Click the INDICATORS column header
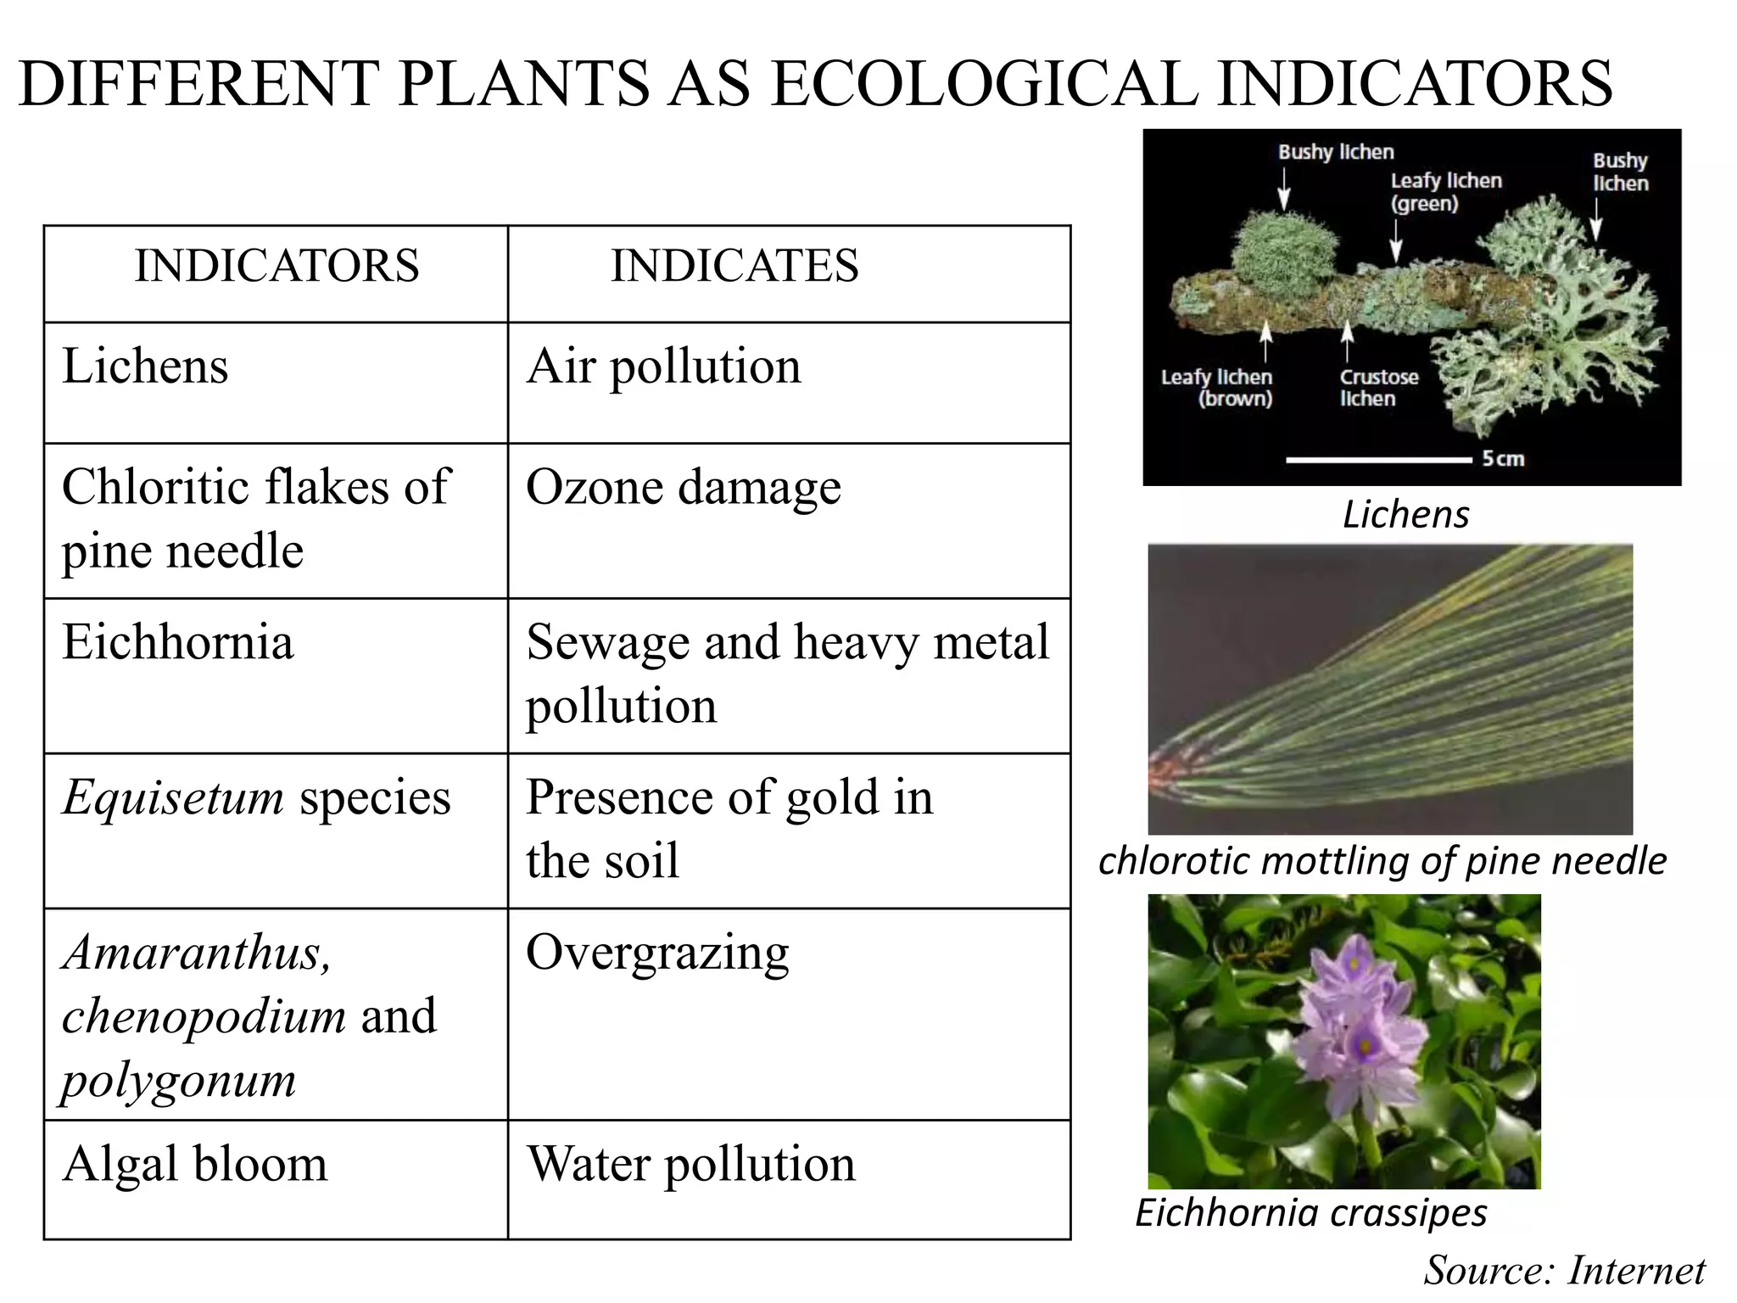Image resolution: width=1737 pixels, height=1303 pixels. [x=276, y=266]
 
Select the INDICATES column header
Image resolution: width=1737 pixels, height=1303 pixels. [x=734, y=266]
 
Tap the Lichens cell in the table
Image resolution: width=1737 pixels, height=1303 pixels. [x=145, y=366]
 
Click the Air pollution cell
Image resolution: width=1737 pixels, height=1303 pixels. [x=663, y=366]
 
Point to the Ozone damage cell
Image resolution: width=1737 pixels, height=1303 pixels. [x=684, y=488]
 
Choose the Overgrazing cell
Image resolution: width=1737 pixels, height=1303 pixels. [x=657, y=953]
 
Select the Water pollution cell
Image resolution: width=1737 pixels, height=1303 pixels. [x=690, y=1164]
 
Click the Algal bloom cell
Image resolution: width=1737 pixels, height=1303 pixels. [x=194, y=1164]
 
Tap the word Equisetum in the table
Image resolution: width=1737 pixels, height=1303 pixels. [x=173, y=797]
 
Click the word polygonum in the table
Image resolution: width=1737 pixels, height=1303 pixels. [x=179, y=1080]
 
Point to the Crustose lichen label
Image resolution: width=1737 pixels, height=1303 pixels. [x=1378, y=388]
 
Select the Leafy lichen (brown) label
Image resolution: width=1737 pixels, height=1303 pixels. [x=1217, y=388]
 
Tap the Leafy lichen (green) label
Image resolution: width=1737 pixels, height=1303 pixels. [x=1445, y=192]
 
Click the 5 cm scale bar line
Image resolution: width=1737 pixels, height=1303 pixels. [x=1377, y=460]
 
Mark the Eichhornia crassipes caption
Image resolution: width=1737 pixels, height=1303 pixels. [x=1310, y=1213]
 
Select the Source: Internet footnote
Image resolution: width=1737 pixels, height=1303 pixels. [x=1564, y=1270]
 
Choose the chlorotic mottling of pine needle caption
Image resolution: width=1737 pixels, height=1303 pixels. [x=1382, y=861]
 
